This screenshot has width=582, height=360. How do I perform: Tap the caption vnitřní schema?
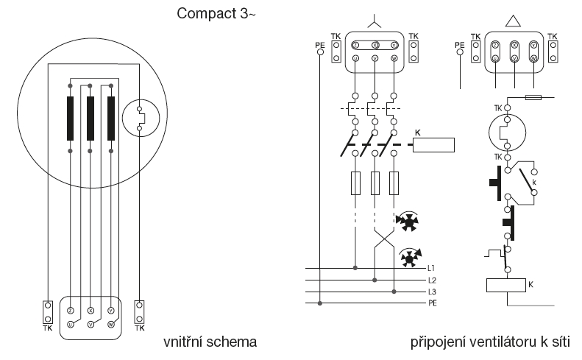pyautogui.click(x=210, y=342)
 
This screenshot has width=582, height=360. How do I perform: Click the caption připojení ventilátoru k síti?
pyautogui.click(x=491, y=342)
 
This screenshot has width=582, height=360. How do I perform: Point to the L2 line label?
pyautogui.click(x=431, y=280)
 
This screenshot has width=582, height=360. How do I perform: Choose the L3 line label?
pyautogui.click(x=431, y=292)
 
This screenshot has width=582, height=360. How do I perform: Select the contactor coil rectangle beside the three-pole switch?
pyautogui.click(x=436, y=144)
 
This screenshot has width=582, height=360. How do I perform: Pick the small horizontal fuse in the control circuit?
pyautogui.click(x=536, y=96)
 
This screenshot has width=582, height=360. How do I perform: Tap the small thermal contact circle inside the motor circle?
pyautogui.click(x=139, y=118)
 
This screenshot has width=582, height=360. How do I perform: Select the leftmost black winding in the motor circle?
pyautogui.click(x=71, y=118)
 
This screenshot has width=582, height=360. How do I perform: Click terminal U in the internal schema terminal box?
pyautogui.click(x=69, y=323)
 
